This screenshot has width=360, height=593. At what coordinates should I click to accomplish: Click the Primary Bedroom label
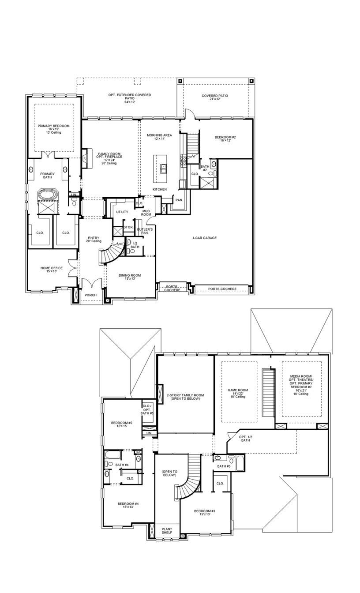coord(53,129)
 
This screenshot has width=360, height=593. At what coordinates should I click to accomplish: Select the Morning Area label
coord(159,137)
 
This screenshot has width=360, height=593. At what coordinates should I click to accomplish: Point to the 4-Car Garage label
coord(204,238)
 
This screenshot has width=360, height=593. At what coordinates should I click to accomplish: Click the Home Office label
coord(52,270)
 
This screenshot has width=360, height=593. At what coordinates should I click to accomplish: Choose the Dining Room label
coord(130,277)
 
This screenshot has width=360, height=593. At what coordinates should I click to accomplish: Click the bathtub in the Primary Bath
coord(46,194)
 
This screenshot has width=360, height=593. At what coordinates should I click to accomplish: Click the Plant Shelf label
coord(167,531)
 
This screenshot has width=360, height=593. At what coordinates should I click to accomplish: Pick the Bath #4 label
coord(122,465)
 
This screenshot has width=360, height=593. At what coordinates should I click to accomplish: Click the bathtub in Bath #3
coord(240,463)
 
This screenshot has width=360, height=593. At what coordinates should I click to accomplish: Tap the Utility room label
coord(122,212)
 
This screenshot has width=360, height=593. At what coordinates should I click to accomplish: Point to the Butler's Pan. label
coord(145,231)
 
